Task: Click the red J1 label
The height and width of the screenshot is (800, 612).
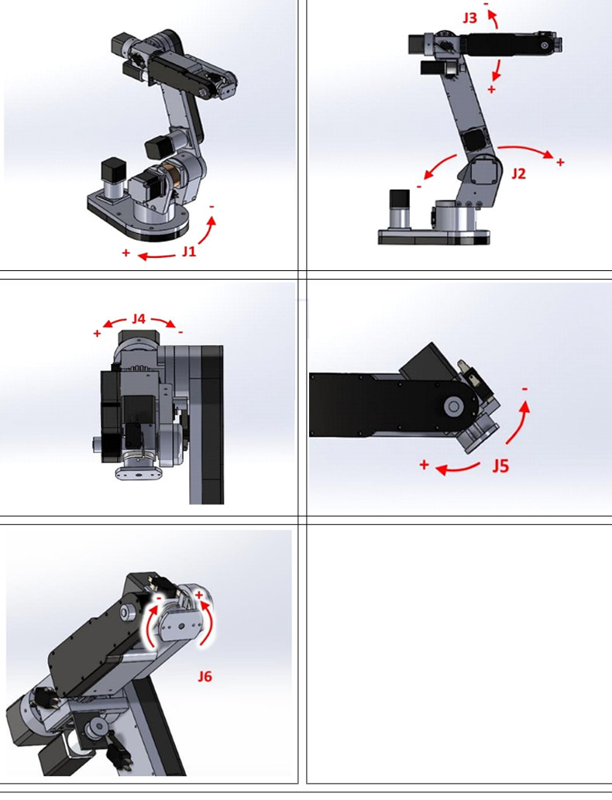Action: pos(189,251)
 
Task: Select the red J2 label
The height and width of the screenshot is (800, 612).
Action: pos(518,174)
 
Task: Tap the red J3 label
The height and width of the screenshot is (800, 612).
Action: pos(469,18)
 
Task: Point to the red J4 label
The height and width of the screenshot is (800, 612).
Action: pos(139,319)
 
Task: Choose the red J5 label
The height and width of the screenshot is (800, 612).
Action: pos(500,465)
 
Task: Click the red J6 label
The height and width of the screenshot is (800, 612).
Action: pos(205,677)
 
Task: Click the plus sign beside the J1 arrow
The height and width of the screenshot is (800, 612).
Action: pos(125,252)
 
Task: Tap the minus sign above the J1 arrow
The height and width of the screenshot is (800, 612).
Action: pos(211,207)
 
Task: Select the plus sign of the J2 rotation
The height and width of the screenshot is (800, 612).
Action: pos(560,162)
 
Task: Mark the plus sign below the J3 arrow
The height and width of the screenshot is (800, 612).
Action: pos(491,89)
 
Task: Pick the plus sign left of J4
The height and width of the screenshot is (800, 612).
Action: pos(97,334)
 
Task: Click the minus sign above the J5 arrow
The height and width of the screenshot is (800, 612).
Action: pos(524,390)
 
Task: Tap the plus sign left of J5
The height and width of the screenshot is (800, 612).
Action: pos(424,465)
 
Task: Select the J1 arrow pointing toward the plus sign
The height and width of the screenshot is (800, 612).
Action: pos(158,256)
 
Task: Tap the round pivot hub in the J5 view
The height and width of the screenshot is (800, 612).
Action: pos(453,407)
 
